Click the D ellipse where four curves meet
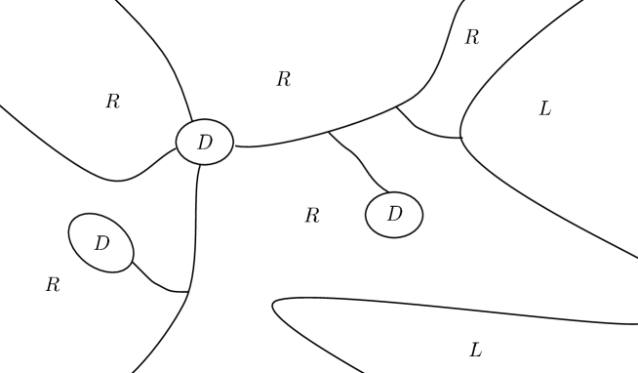point(205,143)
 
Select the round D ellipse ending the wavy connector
point(394,215)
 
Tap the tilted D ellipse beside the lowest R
point(100,242)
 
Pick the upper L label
point(544,109)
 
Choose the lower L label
point(475,350)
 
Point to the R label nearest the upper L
point(472,38)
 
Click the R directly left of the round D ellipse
point(312,216)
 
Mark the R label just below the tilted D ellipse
point(53,285)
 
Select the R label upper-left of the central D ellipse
point(112,101)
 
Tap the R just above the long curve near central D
point(284,80)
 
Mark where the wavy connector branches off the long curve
point(329,131)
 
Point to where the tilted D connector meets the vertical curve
point(188,291)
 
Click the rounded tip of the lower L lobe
point(274,308)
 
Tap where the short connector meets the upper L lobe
point(459,138)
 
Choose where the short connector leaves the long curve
point(396,107)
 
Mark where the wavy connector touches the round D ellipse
point(388,192)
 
